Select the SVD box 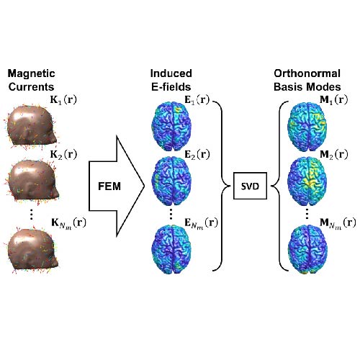pyautogui.click(x=250, y=186)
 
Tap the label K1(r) pyautogui.click(x=63, y=100)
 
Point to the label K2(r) pyautogui.click(x=63, y=155)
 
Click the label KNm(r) pyautogui.click(x=68, y=223)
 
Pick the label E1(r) pyautogui.click(x=197, y=100)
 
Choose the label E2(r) pyautogui.click(x=197, y=155)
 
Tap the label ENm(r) pyautogui.click(x=201, y=223)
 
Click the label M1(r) pyautogui.click(x=334, y=100)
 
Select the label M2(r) pyautogui.click(x=334, y=155)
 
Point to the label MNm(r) pyautogui.click(x=338, y=223)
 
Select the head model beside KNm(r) pyautogui.click(x=32, y=251)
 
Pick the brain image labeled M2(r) pyautogui.click(x=307, y=181)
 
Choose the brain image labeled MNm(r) pyautogui.click(x=307, y=249)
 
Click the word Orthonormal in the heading pyautogui.click(x=307, y=73)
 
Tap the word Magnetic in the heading pyautogui.click(x=31, y=73)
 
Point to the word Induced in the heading pyautogui.click(x=171, y=73)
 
